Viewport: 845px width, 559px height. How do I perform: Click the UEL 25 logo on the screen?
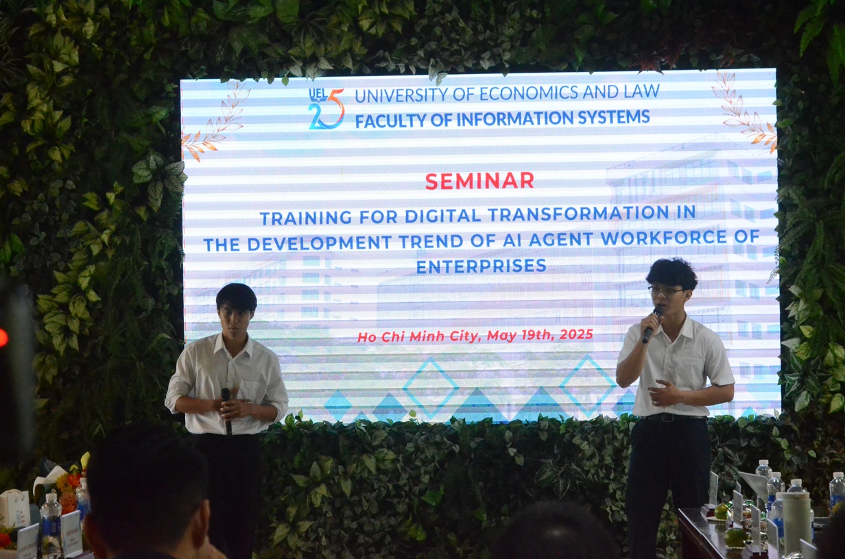(326, 108)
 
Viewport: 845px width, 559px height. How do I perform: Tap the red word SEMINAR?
(479, 181)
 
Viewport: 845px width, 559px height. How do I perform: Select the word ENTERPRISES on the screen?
(481, 266)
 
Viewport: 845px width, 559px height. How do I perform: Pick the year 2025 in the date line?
(576, 334)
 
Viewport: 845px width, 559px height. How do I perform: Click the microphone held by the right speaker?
(652, 324)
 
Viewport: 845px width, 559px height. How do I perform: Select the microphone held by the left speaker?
(226, 410)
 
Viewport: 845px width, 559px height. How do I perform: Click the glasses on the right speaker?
(666, 291)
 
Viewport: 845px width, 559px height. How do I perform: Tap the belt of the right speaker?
(673, 417)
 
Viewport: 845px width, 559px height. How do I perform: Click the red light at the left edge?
(3, 338)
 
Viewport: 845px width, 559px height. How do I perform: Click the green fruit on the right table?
(735, 538)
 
